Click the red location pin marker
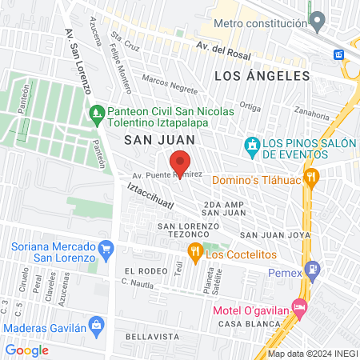(181, 163)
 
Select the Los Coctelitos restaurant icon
(194, 254)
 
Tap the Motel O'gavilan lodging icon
(300, 306)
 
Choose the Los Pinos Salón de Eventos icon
(252, 146)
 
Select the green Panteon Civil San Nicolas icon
(97, 113)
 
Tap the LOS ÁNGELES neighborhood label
(262, 75)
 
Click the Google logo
(26, 350)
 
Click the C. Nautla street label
(138, 283)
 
